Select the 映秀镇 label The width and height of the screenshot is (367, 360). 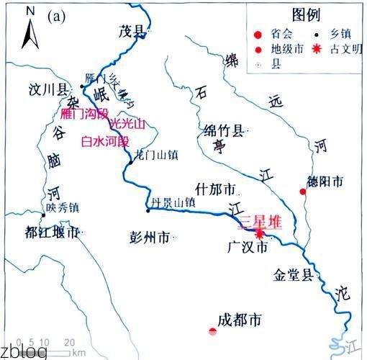click(x=63, y=208)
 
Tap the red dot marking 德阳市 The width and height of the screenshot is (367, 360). click(x=303, y=192)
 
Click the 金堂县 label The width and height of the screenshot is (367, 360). click(x=294, y=274)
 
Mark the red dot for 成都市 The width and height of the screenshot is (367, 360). click(x=212, y=331)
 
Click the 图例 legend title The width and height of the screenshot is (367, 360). click(x=305, y=15)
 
